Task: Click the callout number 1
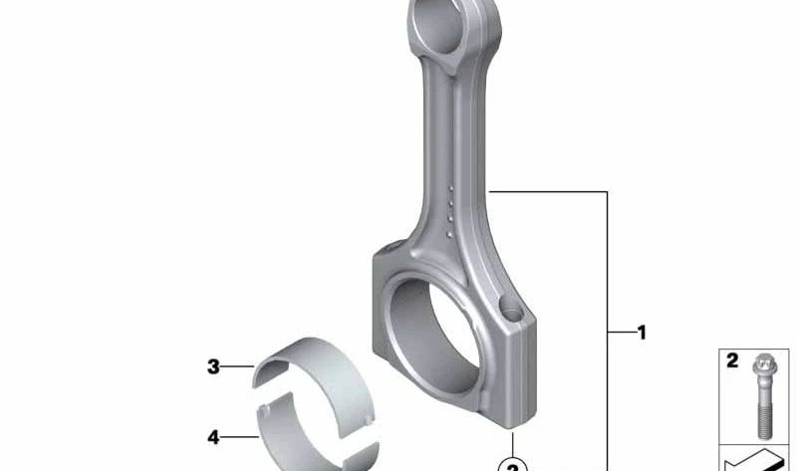(x=642, y=333)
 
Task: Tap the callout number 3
(x=213, y=367)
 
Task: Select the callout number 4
(x=213, y=436)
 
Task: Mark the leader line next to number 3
(x=239, y=367)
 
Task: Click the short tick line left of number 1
(x=619, y=333)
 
